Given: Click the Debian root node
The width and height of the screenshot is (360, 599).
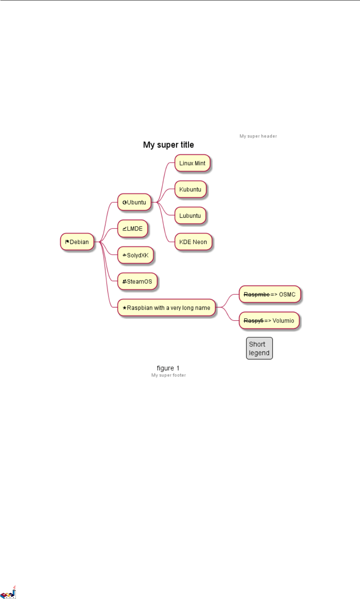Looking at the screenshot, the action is (x=77, y=242).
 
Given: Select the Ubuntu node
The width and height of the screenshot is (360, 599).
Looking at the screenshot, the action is (x=134, y=202).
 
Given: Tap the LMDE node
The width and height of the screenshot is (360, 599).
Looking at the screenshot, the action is (x=132, y=228).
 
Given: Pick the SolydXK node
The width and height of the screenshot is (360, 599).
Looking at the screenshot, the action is (x=135, y=255).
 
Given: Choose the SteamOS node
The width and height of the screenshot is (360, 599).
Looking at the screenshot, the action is (x=137, y=281).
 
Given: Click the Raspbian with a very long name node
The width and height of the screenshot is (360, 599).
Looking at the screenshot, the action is (x=167, y=308).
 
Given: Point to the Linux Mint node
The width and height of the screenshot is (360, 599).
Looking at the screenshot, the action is (x=192, y=163).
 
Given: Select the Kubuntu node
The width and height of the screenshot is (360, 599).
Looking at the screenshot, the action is (x=190, y=189).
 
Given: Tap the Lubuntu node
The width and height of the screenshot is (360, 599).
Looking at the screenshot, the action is (x=190, y=216).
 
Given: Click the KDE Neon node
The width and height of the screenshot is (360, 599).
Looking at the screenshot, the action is (x=193, y=242).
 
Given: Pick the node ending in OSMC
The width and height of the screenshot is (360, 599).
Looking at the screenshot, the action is (x=270, y=294).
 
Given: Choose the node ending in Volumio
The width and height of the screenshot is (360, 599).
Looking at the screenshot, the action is (x=269, y=321).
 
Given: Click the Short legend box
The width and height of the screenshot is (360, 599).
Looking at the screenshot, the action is (x=259, y=348).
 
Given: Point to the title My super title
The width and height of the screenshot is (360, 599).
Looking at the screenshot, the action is (x=169, y=145).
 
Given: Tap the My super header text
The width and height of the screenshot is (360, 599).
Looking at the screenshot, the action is (x=258, y=136).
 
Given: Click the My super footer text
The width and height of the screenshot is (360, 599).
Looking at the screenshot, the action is (x=169, y=375).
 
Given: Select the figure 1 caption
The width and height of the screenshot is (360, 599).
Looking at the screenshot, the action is (x=168, y=368).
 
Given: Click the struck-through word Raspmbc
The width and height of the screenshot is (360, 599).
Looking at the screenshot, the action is (x=257, y=294).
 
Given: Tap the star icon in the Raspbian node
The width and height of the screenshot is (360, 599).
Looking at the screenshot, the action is (x=124, y=308).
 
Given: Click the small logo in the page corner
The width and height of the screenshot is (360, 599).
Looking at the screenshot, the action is (x=8, y=593).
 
